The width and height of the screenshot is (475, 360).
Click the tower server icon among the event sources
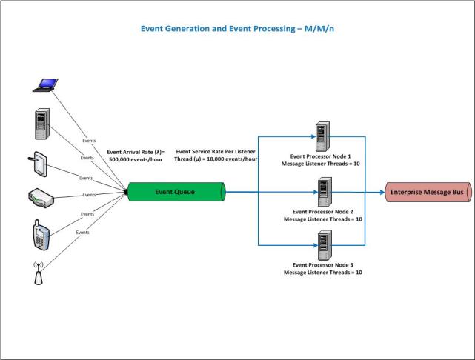click(x=42, y=123)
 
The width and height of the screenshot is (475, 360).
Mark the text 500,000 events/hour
click(x=139, y=158)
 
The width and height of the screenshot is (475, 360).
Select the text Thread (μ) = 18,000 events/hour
click(x=216, y=158)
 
